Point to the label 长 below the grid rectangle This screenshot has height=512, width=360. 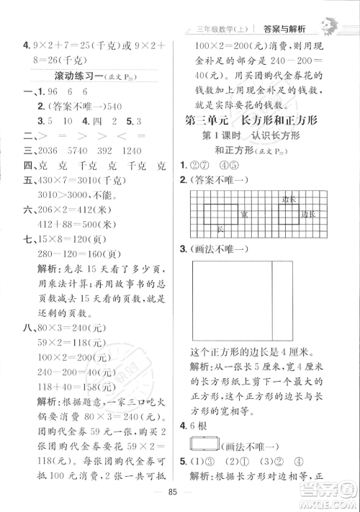click(220, 228)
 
